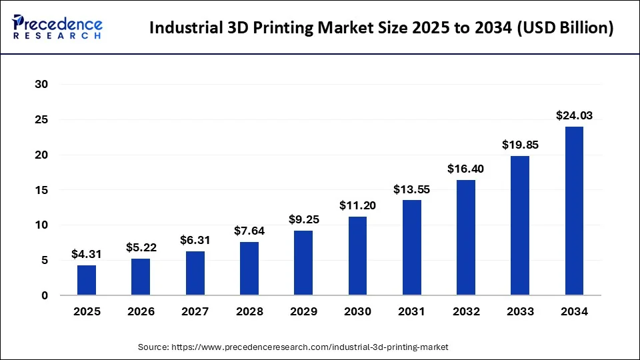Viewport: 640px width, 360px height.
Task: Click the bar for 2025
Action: click(x=87, y=280)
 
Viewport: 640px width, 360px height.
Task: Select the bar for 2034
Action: click(x=574, y=211)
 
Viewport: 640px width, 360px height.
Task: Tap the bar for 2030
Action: click(x=357, y=256)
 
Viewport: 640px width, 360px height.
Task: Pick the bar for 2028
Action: click(x=249, y=269)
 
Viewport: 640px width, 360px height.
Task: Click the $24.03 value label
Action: click(x=574, y=115)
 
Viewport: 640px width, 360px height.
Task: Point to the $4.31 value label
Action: click(x=87, y=254)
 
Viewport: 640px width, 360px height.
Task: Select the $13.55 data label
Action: click(x=411, y=189)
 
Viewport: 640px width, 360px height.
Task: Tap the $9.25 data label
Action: click(x=303, y=219)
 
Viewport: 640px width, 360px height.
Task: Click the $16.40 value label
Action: click(x=465, y=169)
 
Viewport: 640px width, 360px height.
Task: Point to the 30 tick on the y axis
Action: click(x=41, y=85)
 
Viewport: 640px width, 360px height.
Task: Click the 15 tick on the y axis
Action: click(x=41, y=190)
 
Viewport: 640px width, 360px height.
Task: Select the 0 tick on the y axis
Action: click(x=45, y=295)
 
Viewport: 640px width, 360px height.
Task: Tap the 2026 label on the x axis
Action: click(x=141, y=311)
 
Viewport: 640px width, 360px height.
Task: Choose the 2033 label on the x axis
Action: click(x=520, y=311)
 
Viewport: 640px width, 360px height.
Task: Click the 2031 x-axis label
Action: click(x=411, y=311)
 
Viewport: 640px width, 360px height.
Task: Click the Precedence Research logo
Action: click(x=57, y=27)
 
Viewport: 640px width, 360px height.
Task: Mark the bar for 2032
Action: click(x=465, y=237)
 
